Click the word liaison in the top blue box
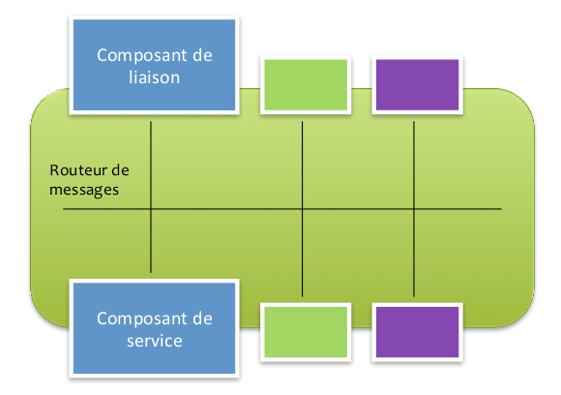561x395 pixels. click(x=154, y=77)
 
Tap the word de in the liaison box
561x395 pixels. click(x=202, y=55)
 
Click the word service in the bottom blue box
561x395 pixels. click(x=155, y=341)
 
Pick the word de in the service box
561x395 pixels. click(x=202, y=319)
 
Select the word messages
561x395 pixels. click(x=84, y=190)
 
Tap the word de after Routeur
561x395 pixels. click(x=120, y=169)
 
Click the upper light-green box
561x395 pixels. click(x=306, y=85)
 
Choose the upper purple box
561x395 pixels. click(x=417, y=85)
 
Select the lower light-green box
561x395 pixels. click(x=306, y=332)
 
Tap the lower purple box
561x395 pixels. click(x=417, y=332)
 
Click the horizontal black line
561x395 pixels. click(x=282, y=209)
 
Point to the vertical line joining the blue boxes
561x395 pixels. click(x=151, y=197)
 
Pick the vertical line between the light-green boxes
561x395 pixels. click(x=303, y=209)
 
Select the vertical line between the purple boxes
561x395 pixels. click(x=414, y=209)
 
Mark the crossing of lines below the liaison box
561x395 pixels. click(x=151, y=209)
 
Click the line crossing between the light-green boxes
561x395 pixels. click(x=303, y=209)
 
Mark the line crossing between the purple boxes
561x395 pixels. click(x=414, y=209)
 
